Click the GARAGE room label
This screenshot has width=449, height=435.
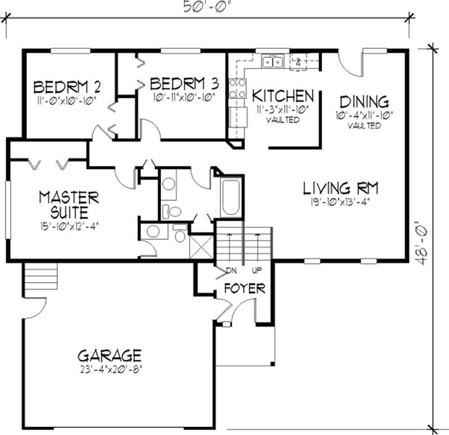(x=109, y=355)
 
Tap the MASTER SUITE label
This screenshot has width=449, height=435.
(x=68, y=205)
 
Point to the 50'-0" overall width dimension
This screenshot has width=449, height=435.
(x=208, y=7)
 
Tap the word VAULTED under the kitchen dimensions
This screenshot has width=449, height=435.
(x=282, y=120)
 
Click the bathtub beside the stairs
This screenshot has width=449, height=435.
(x=231, y=198)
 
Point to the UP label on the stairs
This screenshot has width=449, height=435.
(x=257, y=271)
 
